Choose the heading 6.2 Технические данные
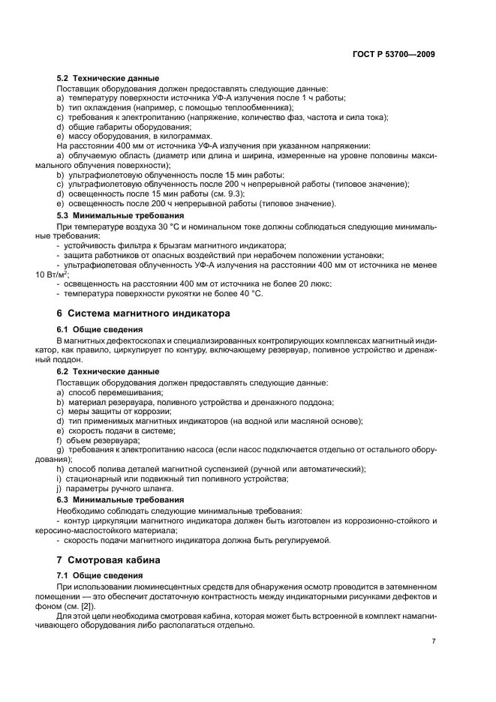tap(108, 371)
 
